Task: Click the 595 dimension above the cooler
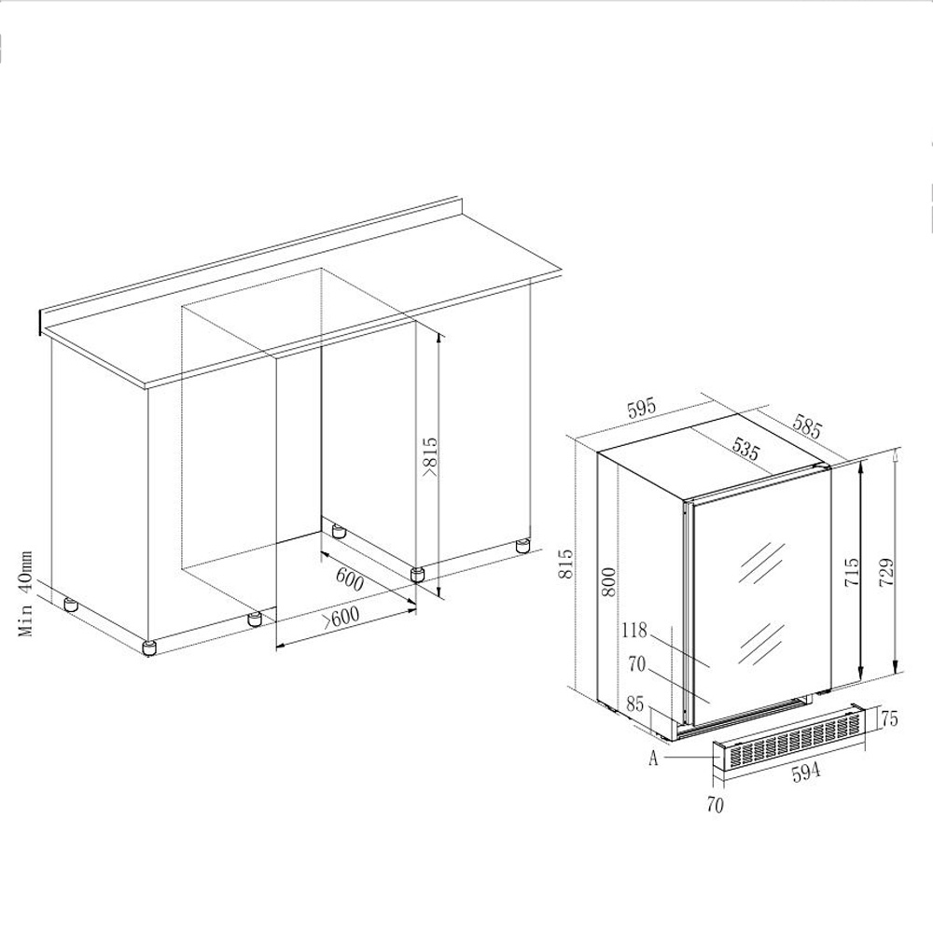point(643,409)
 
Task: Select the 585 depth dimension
point(807,426)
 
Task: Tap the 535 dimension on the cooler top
point(745,452)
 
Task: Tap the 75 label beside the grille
point(889,718)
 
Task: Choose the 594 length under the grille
point(803,773)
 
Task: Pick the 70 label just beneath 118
point(638,665)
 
